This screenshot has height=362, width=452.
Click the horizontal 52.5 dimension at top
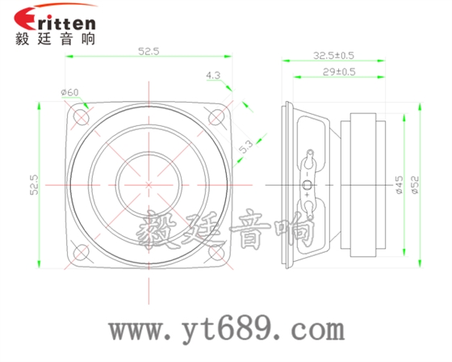[x=149, y=51]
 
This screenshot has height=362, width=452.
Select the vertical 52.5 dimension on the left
[x=35, y=184]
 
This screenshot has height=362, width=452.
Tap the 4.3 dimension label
[x=213, y=75]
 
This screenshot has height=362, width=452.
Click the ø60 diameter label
[x=69, y=92]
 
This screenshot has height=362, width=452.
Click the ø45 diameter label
[x=399, y=184]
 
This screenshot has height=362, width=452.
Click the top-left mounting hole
[x=82, y=116]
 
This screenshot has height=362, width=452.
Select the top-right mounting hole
[x=216, y=116]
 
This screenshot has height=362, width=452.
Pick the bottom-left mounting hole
[x=82, y=251]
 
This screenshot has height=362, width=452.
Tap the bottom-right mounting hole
[x=216, y=251]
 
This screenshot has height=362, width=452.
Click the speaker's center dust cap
[x=149, y=184]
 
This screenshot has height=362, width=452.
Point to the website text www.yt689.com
[x=227, y=329]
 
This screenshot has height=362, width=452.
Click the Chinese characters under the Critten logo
[x=55, y=39]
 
